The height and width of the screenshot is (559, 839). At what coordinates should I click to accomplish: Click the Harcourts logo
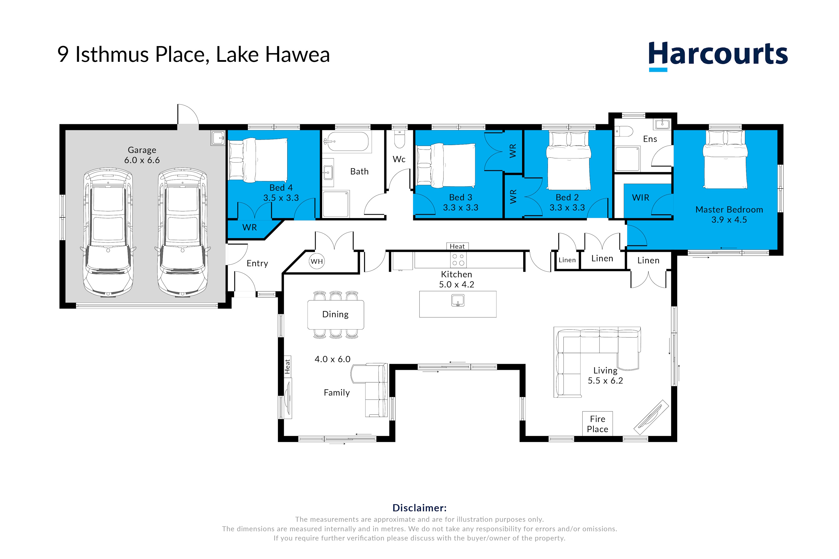click(x=718, y=56)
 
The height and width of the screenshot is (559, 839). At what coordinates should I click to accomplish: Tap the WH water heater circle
click(x=317, y=261)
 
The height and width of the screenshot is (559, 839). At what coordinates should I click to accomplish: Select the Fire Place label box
click(x=597, y=424)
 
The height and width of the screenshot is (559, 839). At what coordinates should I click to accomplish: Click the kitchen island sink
click(x=458, y=300)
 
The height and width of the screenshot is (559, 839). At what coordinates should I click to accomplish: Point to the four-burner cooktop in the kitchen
click(x=458, y=260)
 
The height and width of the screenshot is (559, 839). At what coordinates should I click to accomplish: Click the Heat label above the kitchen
click(x=457, y=246)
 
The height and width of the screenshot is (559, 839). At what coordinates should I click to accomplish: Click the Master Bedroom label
click(x=729, y=210)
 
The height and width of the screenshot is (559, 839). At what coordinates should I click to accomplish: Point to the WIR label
click(x=640, y=198)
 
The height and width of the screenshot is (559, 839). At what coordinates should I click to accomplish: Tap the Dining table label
click(x=335, y=314)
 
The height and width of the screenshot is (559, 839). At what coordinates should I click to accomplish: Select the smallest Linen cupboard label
click(x=567, y=260)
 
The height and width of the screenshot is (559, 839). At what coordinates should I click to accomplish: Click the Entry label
click(x=257, y=264)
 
